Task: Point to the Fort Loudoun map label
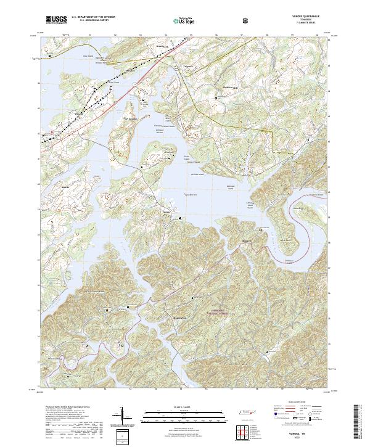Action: click(x=128, y=119)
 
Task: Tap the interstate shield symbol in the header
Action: click(x=246, y=20)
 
